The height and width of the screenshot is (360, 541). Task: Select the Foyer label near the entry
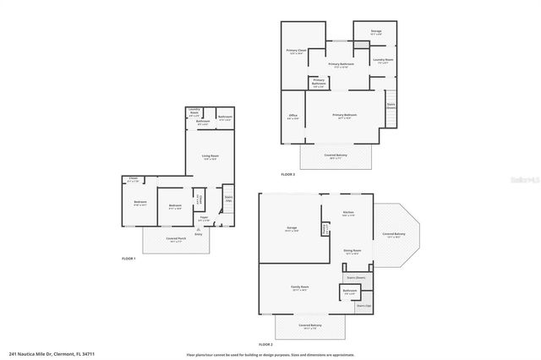pyautogui.click(x=204, y=219)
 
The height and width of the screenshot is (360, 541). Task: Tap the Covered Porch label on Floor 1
pyautogui.click(x=176, y=240)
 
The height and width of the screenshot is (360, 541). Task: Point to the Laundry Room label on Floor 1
pyautogui.click(x=194, y=112)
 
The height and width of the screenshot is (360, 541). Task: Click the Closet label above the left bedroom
pyautogui.click(x=133, y=179)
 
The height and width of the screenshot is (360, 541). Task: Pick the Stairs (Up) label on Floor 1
pyautogui.click(x=228, y=199)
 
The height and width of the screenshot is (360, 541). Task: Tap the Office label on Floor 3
pyautogui.click(x=292, y=117)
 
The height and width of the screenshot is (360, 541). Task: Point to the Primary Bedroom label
pyautogui.click(x=344, y=116)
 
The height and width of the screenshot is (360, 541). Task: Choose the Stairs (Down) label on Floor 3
pyautogui.click(x=391, y=106)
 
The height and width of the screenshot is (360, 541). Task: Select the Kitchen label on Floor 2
pyautogui.click(x=347, y=213)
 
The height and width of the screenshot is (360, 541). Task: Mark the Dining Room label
pyautogui.click(x=352, y=251)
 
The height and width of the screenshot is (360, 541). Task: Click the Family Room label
pyautogui.click(x=299, y=289)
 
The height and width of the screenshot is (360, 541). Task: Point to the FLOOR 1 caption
pyautogui.click(x=128, y=258)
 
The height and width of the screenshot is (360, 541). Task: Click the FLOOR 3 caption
pyautogui.click(x=288, y=174)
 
